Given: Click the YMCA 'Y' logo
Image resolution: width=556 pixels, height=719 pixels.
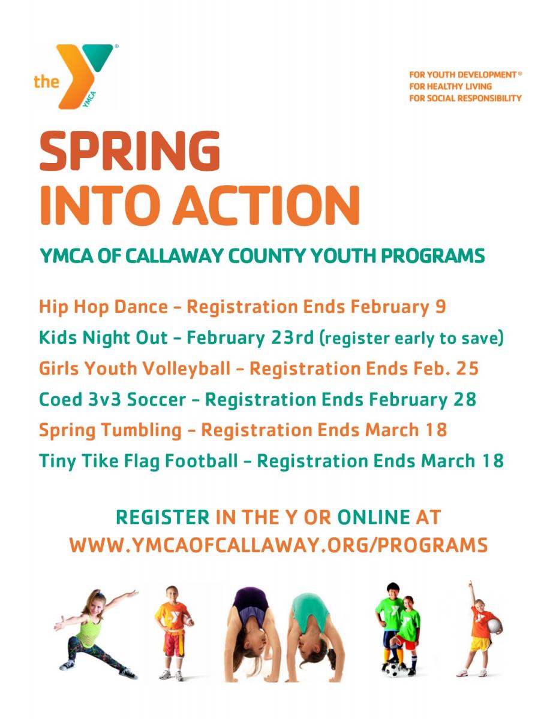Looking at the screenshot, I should click(84, 75).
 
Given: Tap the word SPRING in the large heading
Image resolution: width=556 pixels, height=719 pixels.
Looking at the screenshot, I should click(130, 152).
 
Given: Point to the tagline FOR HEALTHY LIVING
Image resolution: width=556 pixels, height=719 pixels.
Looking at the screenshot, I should click(450, 86).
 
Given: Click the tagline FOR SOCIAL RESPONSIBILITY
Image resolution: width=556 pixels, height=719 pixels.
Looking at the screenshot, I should click(465, 98).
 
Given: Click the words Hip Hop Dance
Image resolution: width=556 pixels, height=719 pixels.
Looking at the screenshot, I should click(103, 307).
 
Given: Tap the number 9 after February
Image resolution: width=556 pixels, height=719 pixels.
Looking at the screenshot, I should click(441, 307).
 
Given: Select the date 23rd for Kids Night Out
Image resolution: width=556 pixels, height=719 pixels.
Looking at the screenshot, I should click(291, 338).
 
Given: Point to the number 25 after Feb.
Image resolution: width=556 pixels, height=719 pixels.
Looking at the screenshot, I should click(467, 368).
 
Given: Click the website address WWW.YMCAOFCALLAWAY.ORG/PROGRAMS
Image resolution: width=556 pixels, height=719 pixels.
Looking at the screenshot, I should click(278, 545).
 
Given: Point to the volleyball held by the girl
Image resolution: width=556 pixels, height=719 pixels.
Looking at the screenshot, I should click(494, 626).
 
